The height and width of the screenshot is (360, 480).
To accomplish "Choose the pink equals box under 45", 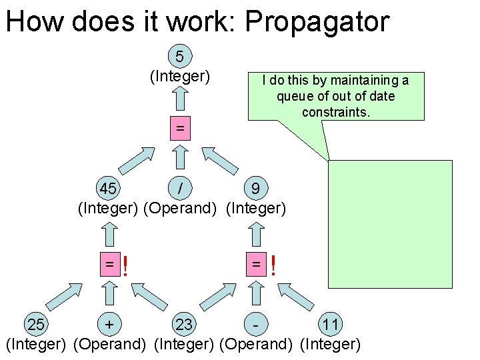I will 109,265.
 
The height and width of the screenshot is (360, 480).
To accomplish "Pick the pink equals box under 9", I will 255,265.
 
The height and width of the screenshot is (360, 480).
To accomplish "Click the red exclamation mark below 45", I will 125,267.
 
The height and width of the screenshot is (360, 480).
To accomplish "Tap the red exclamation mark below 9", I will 273,267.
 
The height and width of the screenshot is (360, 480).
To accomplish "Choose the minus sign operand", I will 256,325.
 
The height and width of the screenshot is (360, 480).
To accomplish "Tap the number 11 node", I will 330,325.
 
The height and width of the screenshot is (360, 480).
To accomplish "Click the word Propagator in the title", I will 317,21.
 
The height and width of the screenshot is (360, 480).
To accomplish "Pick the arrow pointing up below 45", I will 109,233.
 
